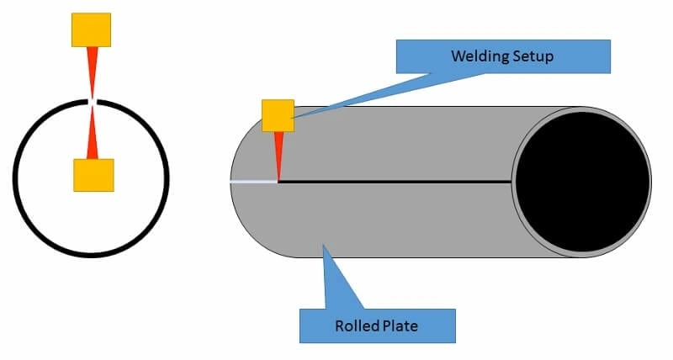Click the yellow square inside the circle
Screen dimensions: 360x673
coord(93,174)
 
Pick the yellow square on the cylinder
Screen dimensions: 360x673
coord(278,115)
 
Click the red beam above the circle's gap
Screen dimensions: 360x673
coord(92,71)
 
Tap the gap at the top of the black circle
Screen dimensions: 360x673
coord(93,102)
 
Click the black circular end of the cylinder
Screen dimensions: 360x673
coord(582,182)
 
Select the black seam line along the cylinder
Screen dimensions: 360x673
coord(395,181)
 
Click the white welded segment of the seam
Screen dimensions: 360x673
coord(253,181)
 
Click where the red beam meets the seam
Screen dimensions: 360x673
coord(278,179)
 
